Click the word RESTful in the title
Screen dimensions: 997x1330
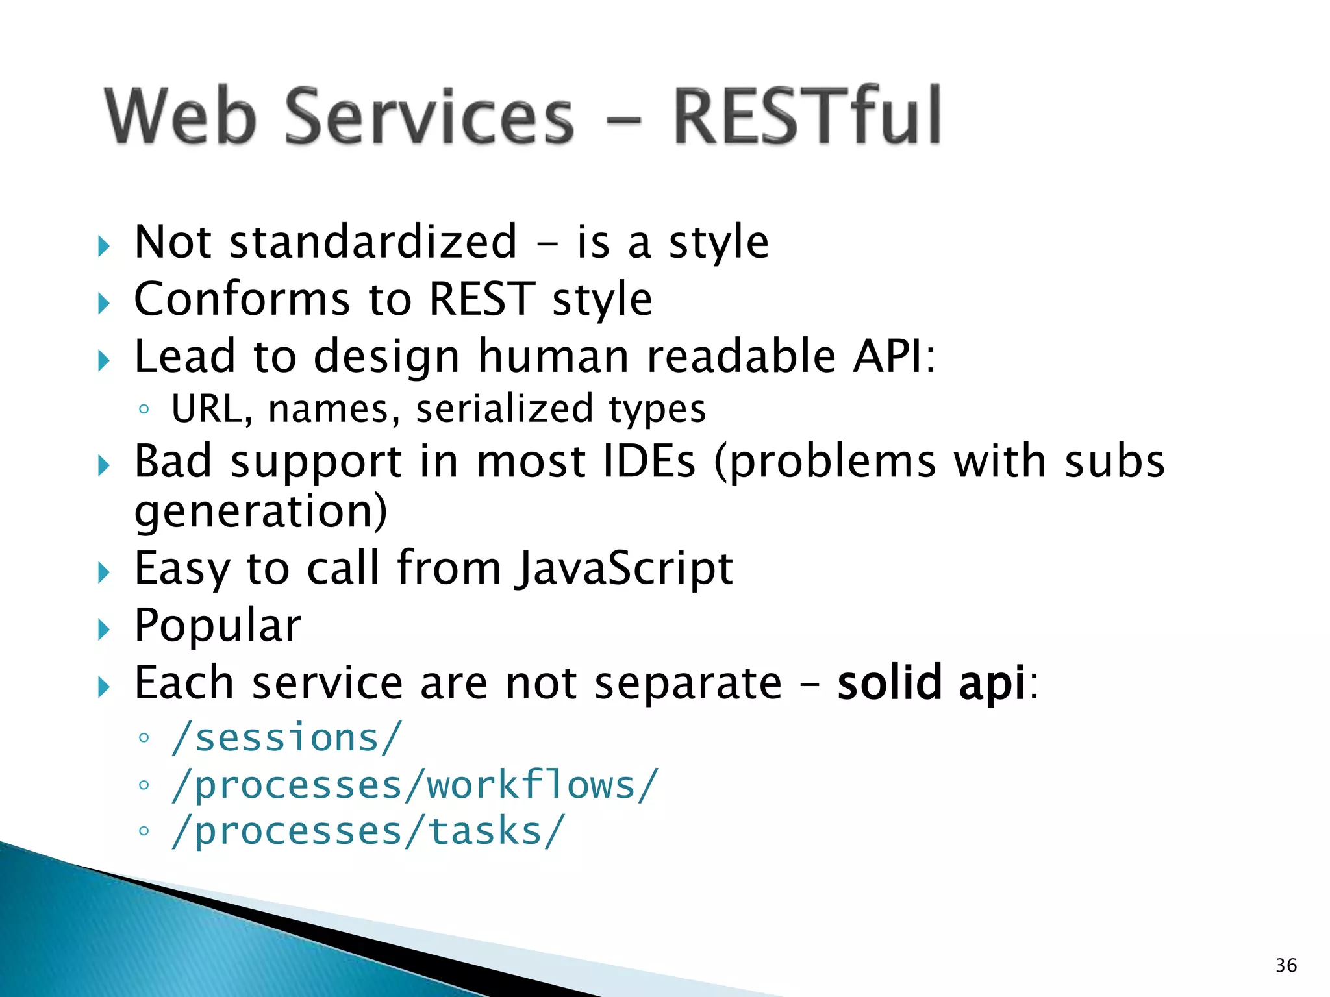tap(807, 117)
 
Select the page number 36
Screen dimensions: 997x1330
tap(1286, 965)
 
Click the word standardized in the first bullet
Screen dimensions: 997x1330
tap(373, 242)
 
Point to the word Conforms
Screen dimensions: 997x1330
tap(242, 299)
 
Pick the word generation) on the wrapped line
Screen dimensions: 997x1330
tap(260, 512)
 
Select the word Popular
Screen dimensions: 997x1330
tap(218, 626)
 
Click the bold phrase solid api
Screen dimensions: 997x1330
tap(931, 683)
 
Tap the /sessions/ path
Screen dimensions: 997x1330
tap(286, 738)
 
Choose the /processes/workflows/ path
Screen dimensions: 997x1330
tap(414, 785)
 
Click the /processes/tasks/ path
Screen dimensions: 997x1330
tap(368, 831)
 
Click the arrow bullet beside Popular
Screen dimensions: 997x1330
tap(104, 629)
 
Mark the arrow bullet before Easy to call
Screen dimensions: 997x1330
tap(104, 572)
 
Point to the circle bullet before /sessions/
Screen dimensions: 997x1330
tap(144, 739)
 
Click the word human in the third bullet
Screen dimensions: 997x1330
tap(553, 356)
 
